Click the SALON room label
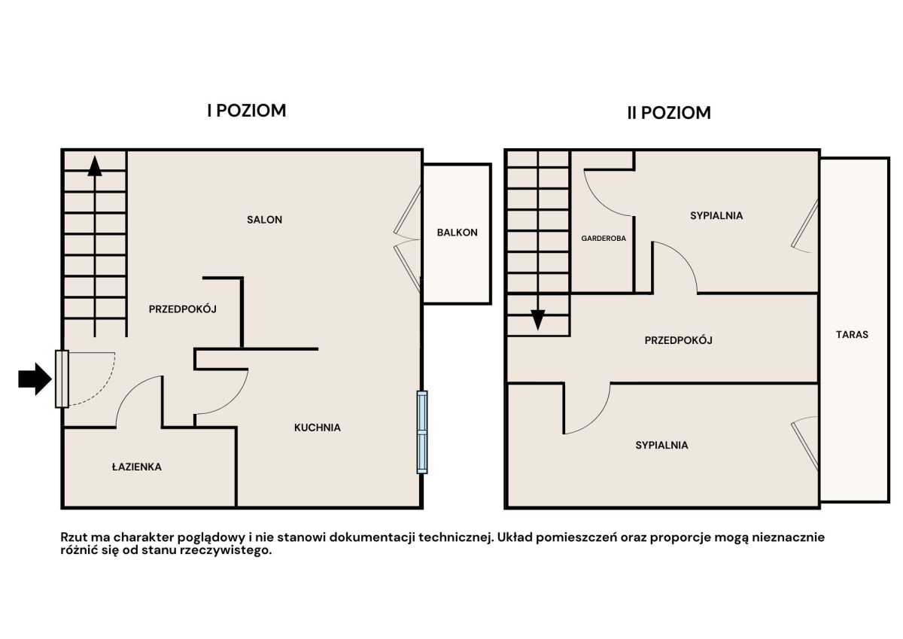pyautogui.click(x=264, y=220)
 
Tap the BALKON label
pyautogui.click(x=458, y=233)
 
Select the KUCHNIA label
pyautogui.click(x=318, y=428)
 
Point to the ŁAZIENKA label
pyautogui.click(x=137, y=467)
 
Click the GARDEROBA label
pyautogui.click(x=604, y=239)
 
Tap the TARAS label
pyautogui.click(x=852, y=335)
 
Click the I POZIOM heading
pyautogui.click(x=247, y=111)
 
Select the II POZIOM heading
pyautogui.click(x=669, y=113)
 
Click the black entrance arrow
pyautogui.click(x=35, y=379)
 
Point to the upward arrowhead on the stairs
pyautogui.click(x=95, y=166)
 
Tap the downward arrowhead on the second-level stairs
pyautogui.click(x=538, y=320)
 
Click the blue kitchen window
pyautogui.click(x=422, y=432)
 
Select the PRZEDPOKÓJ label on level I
pyautogui.click(x=183, y=309)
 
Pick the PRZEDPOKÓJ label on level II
pyautogui.click(x=679, y=341)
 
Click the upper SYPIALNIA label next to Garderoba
pyautogui.click(x=716, y=216)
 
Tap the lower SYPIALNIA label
pyautogui.click(x=661, y=446)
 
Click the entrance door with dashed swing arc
pyautogui.click(x=62, y=379)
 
